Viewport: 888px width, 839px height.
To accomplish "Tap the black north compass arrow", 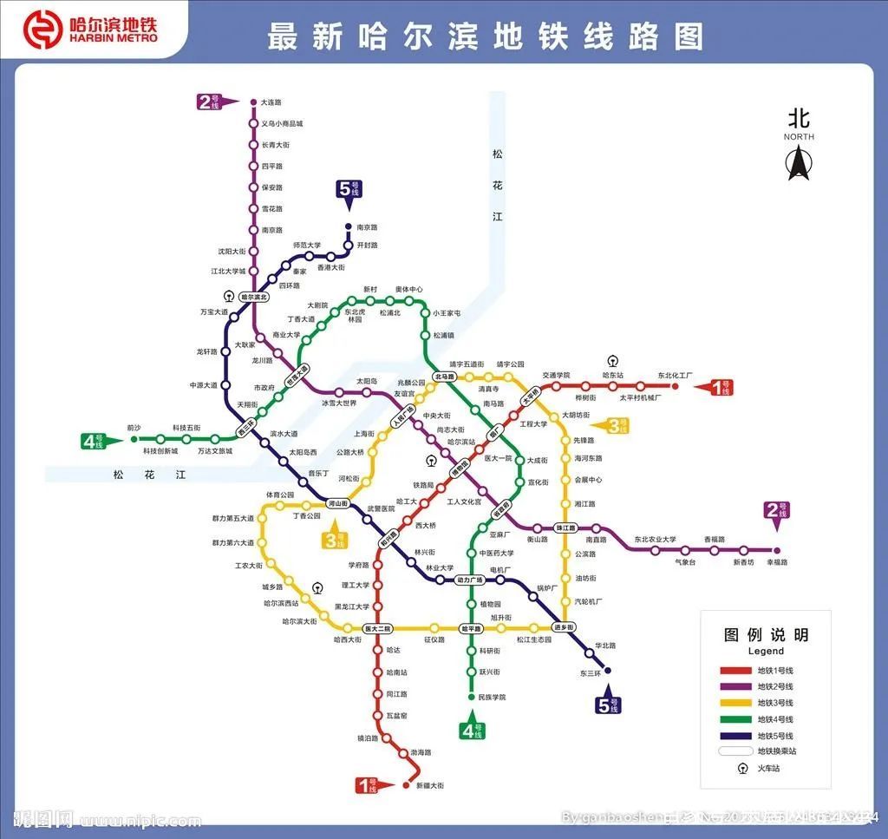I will point(798,163).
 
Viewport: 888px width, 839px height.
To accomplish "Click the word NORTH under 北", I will point(799,137).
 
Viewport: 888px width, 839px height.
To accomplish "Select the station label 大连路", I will point(271,102).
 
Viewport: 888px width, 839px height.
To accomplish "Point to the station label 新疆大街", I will point(429,785).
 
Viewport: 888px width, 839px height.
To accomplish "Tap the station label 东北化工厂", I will point(676,376).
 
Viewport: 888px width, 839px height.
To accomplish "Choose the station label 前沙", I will point(134,428).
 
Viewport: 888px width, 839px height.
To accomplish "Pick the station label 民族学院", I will point(491,697).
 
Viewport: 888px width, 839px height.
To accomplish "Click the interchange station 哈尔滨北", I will point(255,297).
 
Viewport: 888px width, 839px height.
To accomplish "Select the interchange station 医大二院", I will point(377,628).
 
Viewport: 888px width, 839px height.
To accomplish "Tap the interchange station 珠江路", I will point(566,528).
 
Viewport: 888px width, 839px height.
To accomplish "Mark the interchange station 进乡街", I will point(564,627).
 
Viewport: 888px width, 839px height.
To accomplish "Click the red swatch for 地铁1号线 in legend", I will point(735,671).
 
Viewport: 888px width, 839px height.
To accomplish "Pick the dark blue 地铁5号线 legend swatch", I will point(735,735).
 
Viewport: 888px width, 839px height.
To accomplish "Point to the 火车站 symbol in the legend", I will point(743,767).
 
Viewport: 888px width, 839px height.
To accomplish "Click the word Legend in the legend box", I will point(765,651).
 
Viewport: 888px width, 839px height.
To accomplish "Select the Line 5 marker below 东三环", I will point(609,705).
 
